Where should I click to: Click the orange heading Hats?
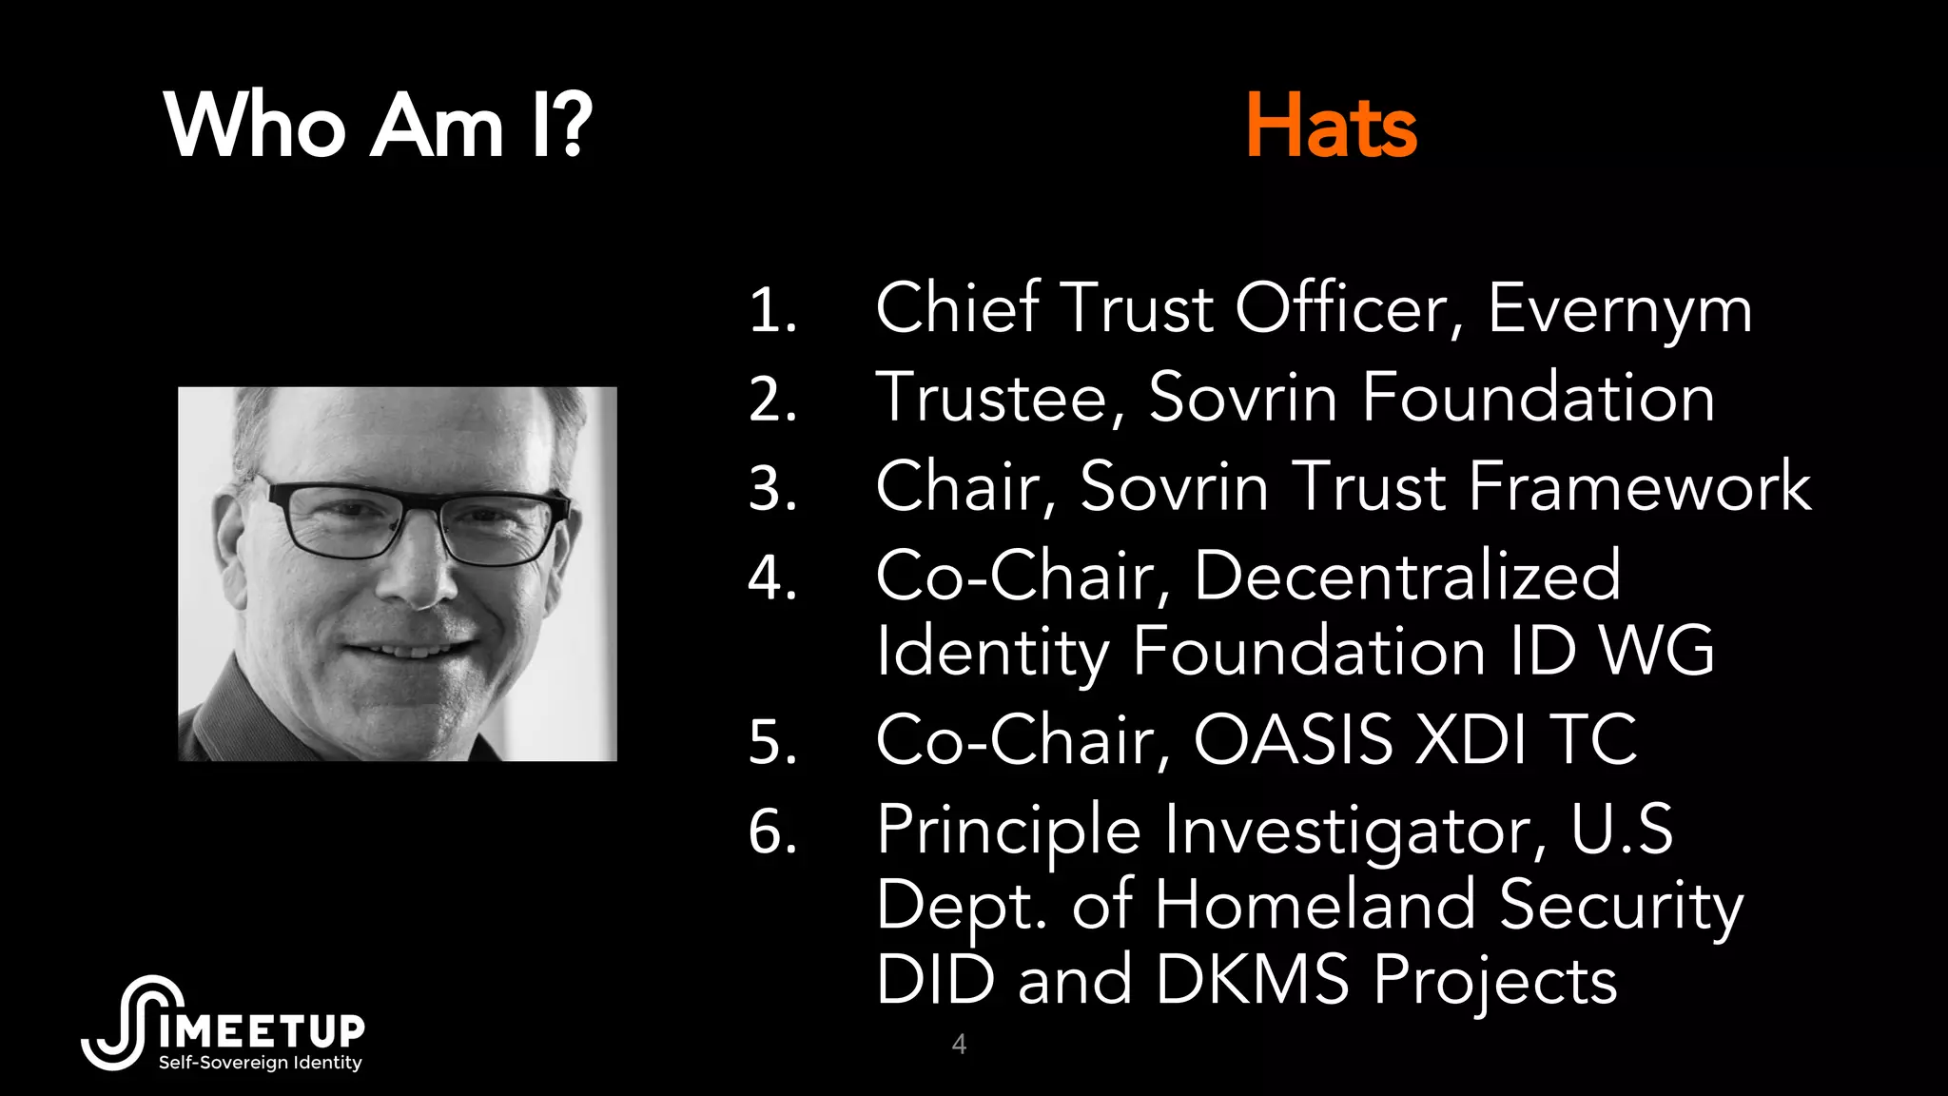pyautogui.click(x=1331, y=127)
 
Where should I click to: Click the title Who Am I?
pyautogui.click(x=378, y=127)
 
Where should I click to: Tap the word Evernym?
pyautogui.click(x=1620, y=310)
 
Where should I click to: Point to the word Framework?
pyautogui.click(x=1640, y=487)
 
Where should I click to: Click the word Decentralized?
pyautogui.click(x=1407, y=576)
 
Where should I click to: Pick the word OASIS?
pyautogui.click(x=1293, y=740)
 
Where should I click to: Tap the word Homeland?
pyautogui.click(x=1315, y=905)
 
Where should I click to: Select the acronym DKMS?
pyautogui.click(x=1252, y=980)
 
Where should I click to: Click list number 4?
pyautogui.click(x=771, y=577)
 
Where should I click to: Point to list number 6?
pyautogui.click(x=771, y=832)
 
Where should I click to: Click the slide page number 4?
pyautogui.click(x=959, y=1045)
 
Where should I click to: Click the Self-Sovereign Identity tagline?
pyautogui.click(x=260, y=1063)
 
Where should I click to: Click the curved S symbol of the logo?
pyautogui.click(x=133, y=1023)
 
